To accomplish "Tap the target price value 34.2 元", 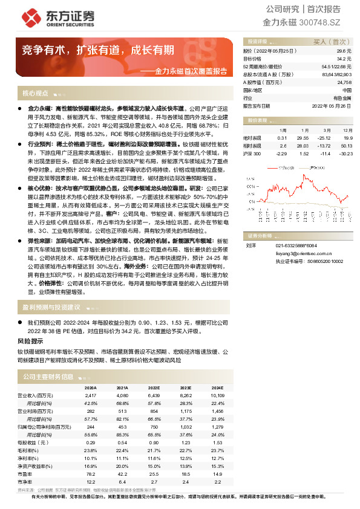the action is coord(344,59).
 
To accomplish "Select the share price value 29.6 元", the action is coord(344,51).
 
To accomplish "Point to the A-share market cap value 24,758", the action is coord(344,82).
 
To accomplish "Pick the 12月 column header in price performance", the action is coord(345,130).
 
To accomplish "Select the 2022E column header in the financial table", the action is coord(154,387).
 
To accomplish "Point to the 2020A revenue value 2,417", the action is coord(91,395).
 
